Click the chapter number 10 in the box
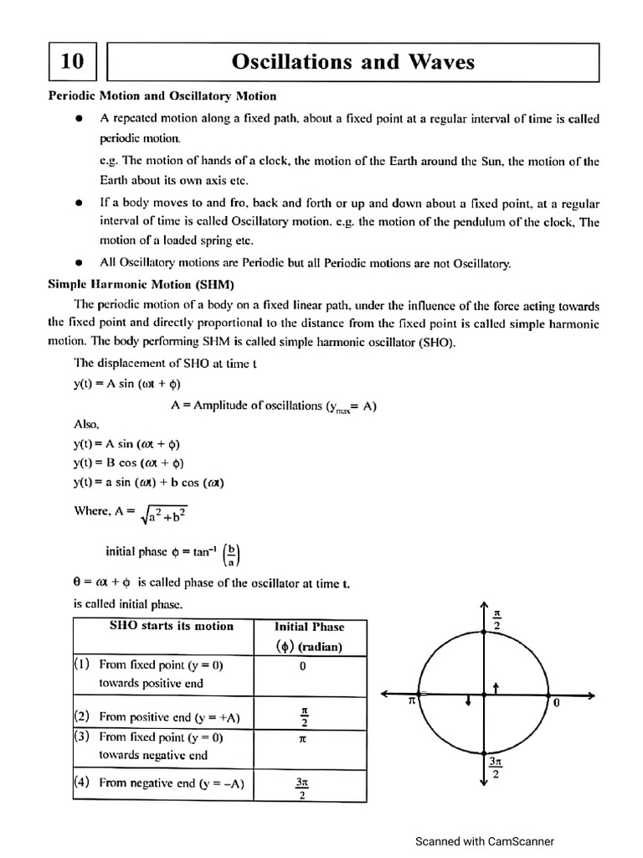tap(72, 62)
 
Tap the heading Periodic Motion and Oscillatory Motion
tap(162, 96)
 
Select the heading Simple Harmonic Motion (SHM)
tap(141, 284)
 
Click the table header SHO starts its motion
tap(172, 626)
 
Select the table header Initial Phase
tap(309, 626)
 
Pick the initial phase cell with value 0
tap(302, 666)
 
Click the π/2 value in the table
tap(303, 716)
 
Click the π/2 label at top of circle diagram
tap(497, 620)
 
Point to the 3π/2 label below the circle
tap(495, 768)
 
